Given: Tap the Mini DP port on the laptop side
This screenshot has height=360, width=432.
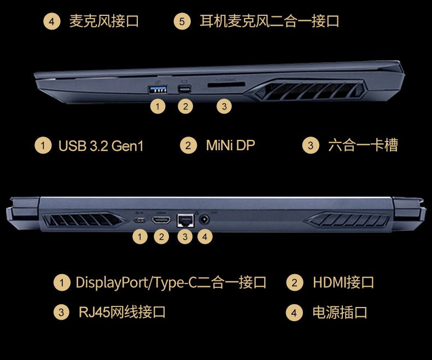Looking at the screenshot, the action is point(186,88).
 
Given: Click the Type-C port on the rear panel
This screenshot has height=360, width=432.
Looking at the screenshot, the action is point(141,220).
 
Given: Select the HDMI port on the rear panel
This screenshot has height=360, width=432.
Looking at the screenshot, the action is point(161,220).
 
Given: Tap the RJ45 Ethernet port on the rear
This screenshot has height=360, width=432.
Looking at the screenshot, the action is point(185,220).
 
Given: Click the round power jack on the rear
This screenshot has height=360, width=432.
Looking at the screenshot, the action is point(205,219).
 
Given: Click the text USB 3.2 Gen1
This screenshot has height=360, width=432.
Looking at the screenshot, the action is point(101,146).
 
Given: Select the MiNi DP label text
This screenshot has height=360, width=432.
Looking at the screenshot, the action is point(230,145).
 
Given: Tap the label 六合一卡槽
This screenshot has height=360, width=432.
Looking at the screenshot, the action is point(363,145).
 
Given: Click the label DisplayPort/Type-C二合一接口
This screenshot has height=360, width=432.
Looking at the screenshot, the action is point(171,282).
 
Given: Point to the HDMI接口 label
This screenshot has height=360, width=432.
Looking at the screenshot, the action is point(343,282).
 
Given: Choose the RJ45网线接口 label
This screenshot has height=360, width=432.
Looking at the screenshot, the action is point(122,312).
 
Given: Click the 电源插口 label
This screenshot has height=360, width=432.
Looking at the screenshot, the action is point(340,312).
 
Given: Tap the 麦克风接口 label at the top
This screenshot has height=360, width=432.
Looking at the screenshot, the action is point(104,21).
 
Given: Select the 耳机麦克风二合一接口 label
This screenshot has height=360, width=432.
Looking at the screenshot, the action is point(270,21).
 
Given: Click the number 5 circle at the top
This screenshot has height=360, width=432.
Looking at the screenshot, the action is point(182,22).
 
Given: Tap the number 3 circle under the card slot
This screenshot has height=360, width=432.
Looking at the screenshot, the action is point(224,107).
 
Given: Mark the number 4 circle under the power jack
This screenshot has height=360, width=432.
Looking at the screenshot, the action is point(205,237).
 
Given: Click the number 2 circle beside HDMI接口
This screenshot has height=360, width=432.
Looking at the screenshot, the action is point(295,282).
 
